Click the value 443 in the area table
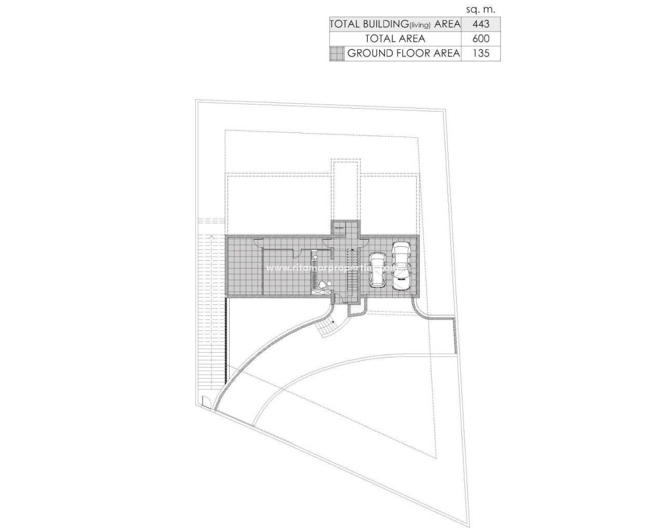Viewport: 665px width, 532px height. pos(481,24)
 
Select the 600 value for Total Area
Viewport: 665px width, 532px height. pos(481,38)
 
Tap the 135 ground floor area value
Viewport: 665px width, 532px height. pos(481,53)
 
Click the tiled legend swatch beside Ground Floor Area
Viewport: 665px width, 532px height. pos(337,53)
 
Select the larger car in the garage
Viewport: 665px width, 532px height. pos(401,265)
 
